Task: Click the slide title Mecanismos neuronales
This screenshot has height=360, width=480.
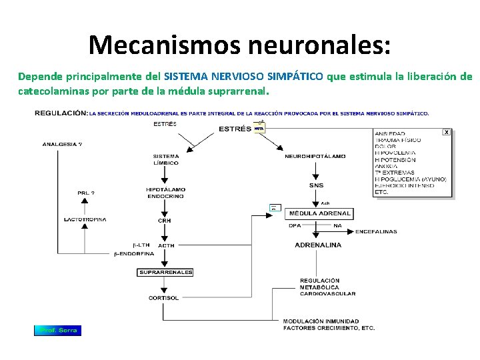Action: [x=239, y=44]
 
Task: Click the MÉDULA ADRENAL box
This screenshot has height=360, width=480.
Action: [x=319, y=213]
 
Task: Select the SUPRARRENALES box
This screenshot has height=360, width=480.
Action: [x=165, y=272]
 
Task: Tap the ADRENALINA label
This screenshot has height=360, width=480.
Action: [x=318, y=245]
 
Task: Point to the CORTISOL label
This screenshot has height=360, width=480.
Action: [x=163, y=298]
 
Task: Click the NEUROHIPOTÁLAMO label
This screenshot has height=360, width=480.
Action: [x=315, y=157]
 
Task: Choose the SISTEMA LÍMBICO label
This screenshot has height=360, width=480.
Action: [x=165, y=159]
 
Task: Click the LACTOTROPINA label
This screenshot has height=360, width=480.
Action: [x=85, y=219]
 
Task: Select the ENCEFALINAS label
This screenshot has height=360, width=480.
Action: [x=376, y=231]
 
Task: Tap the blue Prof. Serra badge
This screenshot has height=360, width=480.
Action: [x=58, y=330]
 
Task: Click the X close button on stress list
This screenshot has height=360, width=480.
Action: [x=447, y=133]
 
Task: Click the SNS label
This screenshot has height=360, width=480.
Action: [x=316, y=185]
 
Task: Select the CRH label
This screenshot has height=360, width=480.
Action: [x=164, y=220]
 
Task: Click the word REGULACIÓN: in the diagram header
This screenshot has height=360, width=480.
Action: [x=61, y=113]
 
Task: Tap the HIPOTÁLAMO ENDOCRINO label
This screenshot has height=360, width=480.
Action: [x=165, y=193]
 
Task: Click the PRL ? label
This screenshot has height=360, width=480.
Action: [x=85, y=193]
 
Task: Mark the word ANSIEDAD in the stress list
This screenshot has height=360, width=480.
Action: [x=390, y=134]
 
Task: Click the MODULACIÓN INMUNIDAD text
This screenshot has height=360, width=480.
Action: [x=321, y=321]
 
